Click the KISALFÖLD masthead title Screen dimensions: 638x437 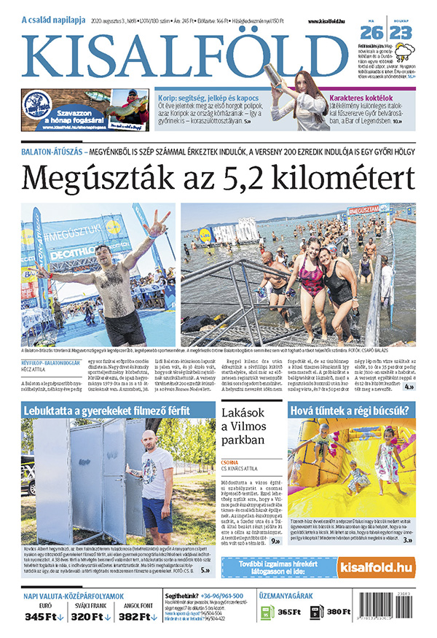188,56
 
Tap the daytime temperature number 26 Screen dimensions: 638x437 371,32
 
